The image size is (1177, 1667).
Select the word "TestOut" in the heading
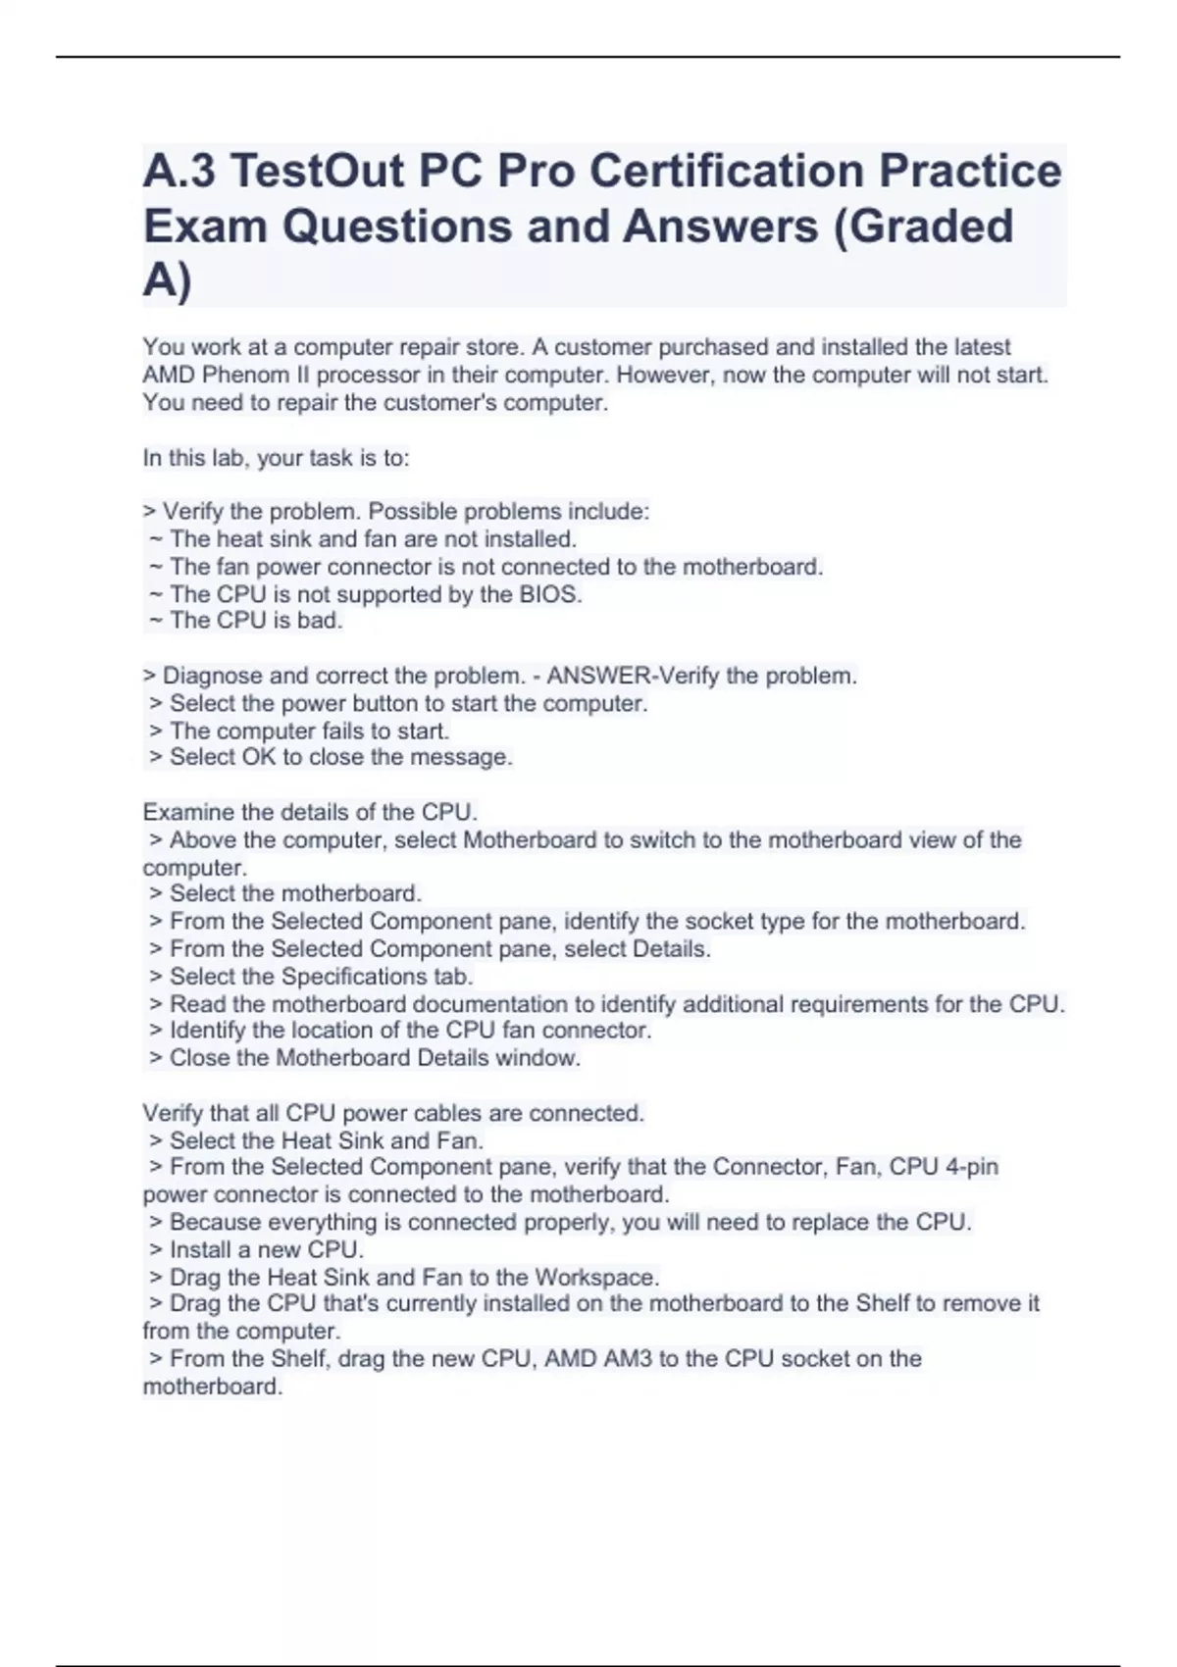[316, 172]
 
